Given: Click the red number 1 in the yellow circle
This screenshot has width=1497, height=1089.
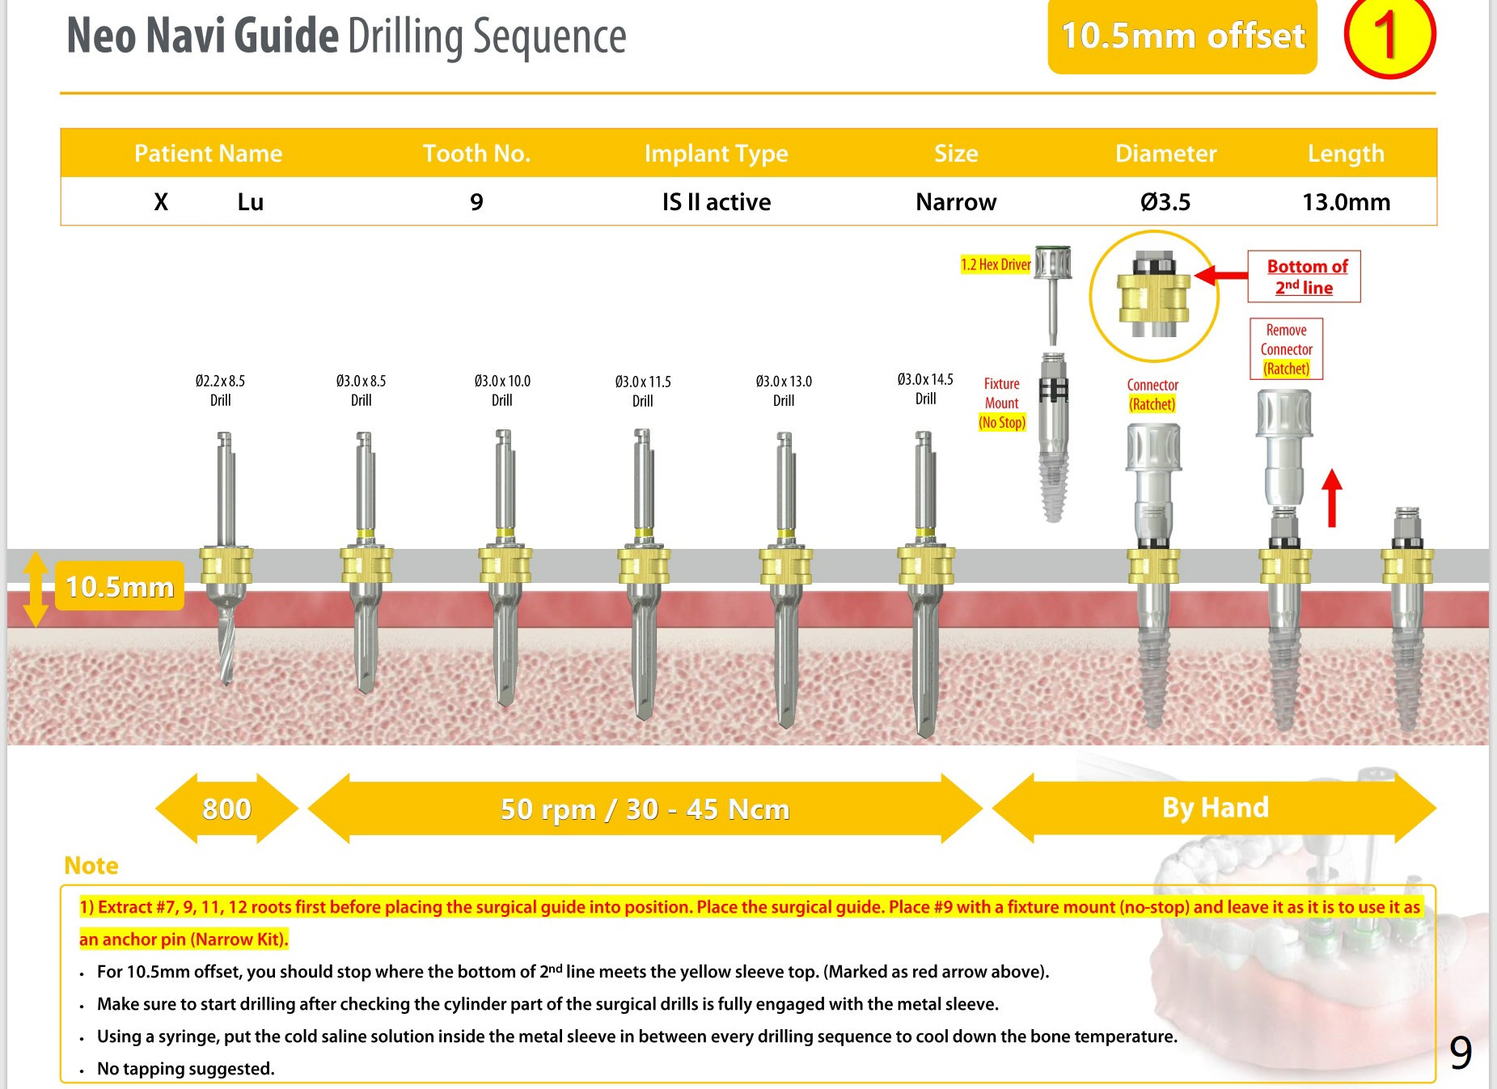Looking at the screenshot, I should (x=1388, y=36).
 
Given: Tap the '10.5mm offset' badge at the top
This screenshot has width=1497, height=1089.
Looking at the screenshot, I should (x=1182, y=36).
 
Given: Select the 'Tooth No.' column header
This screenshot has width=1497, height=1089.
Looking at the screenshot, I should (x=476, y=153).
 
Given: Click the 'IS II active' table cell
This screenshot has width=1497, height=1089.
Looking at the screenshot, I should (x=716, y=201).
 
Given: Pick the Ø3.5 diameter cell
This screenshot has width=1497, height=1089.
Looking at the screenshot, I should (x=1165, y=201).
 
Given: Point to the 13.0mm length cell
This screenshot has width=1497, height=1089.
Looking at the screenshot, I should (x=1346, y=201).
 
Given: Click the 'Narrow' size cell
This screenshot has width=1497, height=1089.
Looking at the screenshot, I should (x=956, y=201).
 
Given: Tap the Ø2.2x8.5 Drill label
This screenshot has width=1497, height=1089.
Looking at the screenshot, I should (x=220, y=390).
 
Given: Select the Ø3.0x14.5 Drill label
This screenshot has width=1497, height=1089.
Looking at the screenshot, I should (x=925, y=389).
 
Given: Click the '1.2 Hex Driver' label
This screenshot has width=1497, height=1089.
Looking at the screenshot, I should (x=996, y=264).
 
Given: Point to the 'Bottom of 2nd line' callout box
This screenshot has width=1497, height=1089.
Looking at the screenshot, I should (x=1304, y=276).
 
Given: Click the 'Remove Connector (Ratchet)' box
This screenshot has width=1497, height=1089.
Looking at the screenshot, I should (x=1286, y=349).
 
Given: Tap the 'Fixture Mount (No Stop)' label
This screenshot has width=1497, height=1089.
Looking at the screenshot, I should (x=1001, y=403).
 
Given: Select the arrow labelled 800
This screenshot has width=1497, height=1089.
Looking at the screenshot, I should (x=226, y=808).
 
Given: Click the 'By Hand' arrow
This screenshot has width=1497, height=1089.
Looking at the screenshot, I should (x=1215, y=808).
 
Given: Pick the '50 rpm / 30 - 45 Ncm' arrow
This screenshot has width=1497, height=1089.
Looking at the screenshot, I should (x=645, y=808).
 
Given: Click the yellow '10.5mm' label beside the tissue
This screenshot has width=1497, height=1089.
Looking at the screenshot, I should (x=120, y=586).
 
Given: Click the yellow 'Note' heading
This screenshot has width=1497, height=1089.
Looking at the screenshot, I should (x=91, y=865).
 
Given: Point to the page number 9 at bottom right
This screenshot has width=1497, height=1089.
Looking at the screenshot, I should (x=1460, y=1053).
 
